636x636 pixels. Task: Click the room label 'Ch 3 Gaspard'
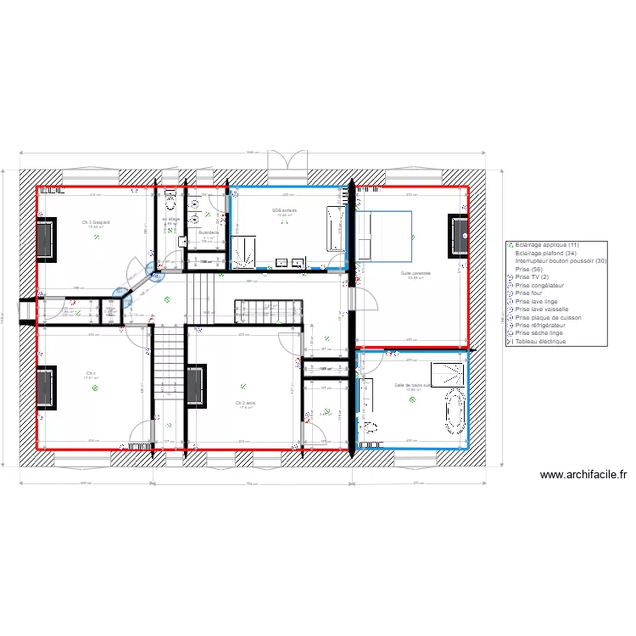(93, 222)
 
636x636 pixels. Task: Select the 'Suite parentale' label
(416, 273)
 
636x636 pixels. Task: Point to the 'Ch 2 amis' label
(247, 403)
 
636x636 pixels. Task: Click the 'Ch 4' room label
(90, 373)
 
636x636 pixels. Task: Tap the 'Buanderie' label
(208, 232)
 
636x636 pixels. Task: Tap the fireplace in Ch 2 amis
(196, 386)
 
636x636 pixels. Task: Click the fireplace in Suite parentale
(459, 235)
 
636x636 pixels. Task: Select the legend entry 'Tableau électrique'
(547, 342)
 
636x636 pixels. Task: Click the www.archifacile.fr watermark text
(582, 476)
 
